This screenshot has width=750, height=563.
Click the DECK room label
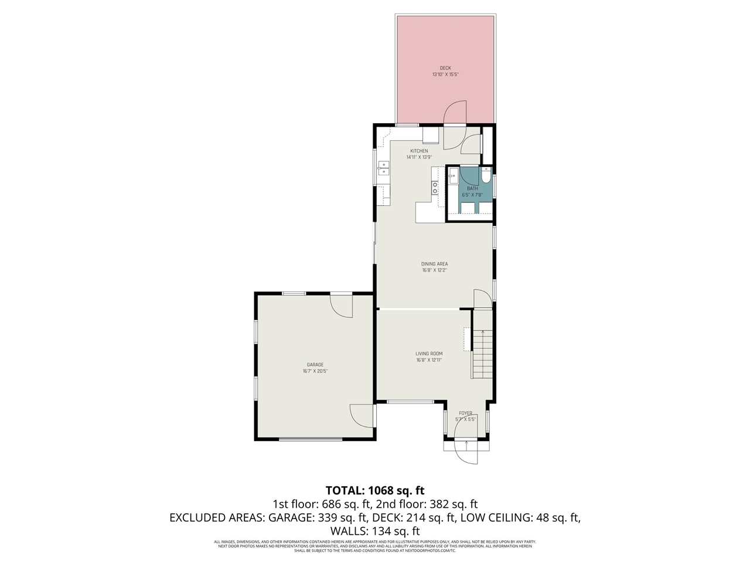tap(445, 68)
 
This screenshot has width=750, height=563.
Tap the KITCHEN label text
tap(419, 151)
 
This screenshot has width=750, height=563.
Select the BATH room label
tap(472, 188)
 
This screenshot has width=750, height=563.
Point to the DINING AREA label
tap(434, 264)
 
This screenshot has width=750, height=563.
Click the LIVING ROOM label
tap(429, 354)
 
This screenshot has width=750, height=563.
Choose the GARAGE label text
tap(315, 365)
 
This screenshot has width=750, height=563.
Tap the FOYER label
tap(465, 413)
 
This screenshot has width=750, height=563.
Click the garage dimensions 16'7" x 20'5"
tap(315, 371)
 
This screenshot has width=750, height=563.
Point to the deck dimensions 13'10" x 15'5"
tap(445, 74)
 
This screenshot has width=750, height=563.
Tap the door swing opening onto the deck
tap(455, 113)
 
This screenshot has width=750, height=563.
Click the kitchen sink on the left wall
tap(383, 168)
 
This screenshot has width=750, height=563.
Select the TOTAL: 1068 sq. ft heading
tap(375, 490)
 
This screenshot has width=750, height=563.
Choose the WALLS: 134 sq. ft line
tap(375, 531)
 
